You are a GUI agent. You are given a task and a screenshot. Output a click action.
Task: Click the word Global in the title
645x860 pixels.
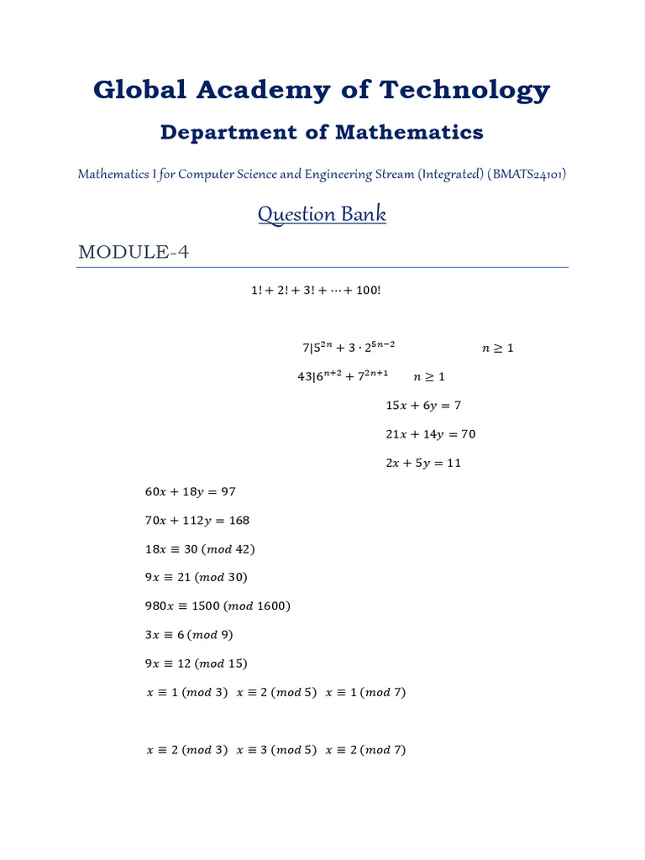140,90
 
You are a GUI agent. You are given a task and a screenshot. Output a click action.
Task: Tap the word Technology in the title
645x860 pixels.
465,90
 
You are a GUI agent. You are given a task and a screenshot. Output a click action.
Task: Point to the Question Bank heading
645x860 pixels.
322,214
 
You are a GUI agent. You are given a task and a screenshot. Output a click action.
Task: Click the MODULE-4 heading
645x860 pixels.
133,252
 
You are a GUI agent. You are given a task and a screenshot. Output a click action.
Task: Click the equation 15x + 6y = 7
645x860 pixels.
423,406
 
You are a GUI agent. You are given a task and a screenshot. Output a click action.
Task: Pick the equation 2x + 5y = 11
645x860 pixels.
423,463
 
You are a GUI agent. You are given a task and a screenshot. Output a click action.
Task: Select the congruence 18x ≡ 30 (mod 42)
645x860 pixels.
200,549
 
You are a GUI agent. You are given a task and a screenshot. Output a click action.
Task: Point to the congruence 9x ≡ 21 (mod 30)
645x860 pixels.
197,578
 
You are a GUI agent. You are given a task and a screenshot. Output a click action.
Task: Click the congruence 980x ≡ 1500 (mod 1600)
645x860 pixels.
218,606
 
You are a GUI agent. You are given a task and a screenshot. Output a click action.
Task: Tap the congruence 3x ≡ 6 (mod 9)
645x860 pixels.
189,635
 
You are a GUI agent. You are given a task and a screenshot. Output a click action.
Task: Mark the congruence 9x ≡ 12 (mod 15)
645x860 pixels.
197,663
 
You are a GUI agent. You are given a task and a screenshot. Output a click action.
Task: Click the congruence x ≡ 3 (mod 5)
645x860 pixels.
276,750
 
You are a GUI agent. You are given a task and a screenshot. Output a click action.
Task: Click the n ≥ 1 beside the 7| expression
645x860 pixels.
497,349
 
